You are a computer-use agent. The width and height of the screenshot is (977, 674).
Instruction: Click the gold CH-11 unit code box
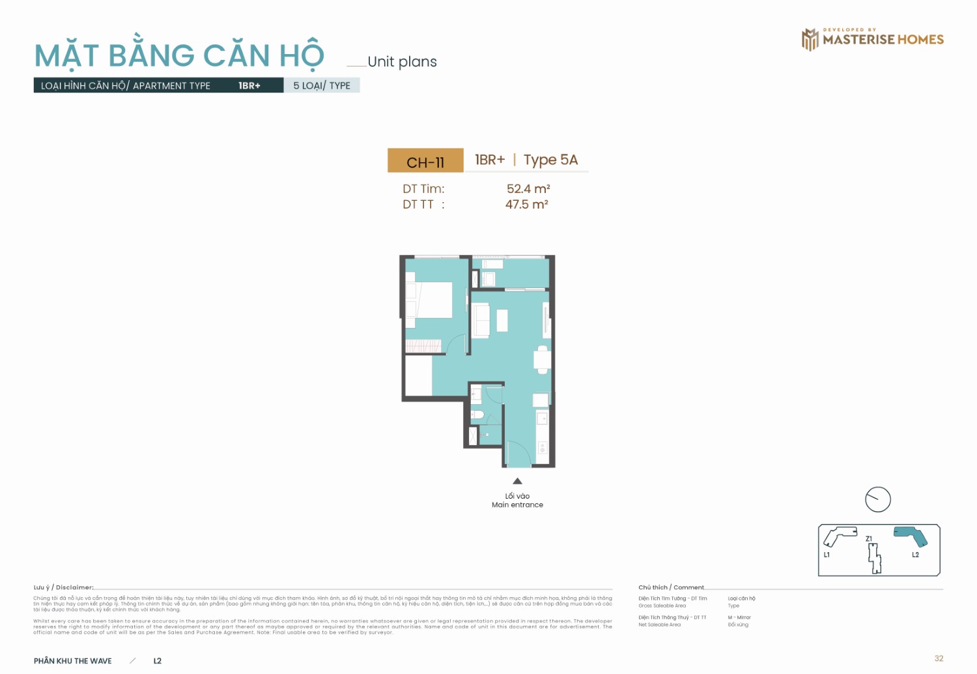click(425, 161)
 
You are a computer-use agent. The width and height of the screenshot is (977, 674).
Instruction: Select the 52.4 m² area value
click(528, 189)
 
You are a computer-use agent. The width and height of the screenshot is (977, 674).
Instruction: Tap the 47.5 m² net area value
click(526, 205)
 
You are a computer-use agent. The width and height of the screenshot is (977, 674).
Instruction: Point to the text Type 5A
click(550, 160)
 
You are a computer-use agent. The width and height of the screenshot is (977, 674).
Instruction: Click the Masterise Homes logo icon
click(810, 39)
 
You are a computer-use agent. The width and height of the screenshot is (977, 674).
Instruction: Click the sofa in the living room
click(482, 320)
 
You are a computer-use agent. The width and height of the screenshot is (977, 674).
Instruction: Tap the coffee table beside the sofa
click(502, 320)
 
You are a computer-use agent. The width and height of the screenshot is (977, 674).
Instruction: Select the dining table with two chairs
click(543, 359)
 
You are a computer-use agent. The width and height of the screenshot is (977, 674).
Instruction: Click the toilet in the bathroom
click(477, 415)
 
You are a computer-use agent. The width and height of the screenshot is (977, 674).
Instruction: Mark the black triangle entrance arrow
click(517, 481)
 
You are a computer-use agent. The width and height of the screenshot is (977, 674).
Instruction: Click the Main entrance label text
click(517, 505)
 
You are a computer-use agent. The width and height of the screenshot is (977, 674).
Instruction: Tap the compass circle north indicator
click(877, 499)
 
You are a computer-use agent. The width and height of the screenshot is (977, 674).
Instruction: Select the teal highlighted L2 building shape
click(911, 536)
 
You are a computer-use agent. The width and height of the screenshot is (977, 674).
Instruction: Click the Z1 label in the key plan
click(869, 538)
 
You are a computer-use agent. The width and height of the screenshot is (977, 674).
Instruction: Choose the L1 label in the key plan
click(827, 555)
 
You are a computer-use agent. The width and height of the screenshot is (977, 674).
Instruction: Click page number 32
click(939, 658)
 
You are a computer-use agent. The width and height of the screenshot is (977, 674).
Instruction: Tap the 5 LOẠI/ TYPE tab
click(322, 85)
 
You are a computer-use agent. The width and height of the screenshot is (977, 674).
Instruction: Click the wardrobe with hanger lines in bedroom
click(423, 346)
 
